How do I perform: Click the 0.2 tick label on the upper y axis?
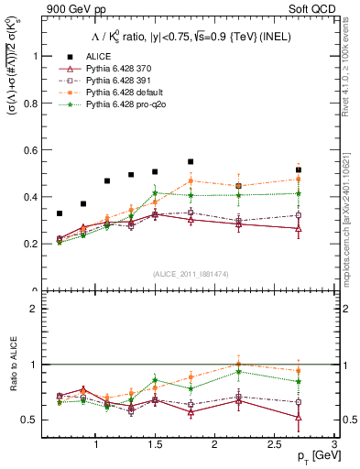[x=32, y=245]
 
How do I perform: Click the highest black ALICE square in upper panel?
[x=191, y=161]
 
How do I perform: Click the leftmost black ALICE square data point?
[x=60, y=213]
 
